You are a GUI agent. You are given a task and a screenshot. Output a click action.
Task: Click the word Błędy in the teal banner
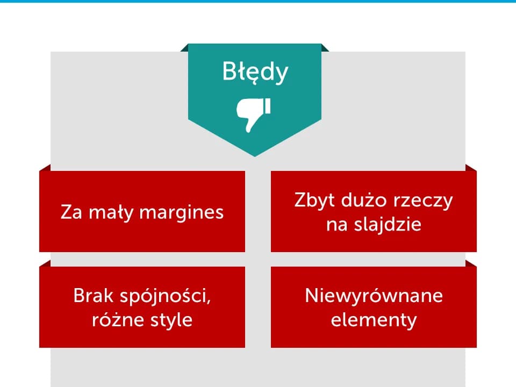(255, 73)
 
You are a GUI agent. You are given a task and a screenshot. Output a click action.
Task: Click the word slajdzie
(388, 224)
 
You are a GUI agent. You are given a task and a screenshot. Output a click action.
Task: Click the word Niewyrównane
(374, 296)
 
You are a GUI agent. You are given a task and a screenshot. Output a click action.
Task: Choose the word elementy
(374, 320)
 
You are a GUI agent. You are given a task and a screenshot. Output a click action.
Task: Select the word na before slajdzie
(336, 224)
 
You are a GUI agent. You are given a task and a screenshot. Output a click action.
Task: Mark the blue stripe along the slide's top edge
(258, 1)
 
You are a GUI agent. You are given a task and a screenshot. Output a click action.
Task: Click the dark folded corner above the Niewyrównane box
(471, 263)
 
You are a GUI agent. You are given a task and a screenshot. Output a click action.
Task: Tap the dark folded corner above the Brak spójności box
(45, 263)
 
